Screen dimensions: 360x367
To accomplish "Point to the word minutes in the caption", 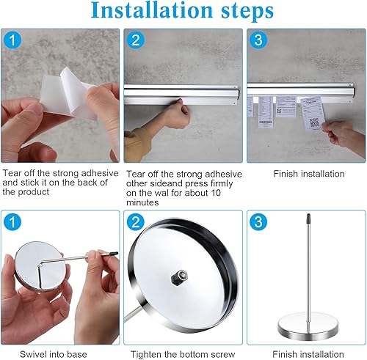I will click(142, 202).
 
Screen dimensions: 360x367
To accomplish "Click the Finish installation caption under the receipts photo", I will click(308, 174).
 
